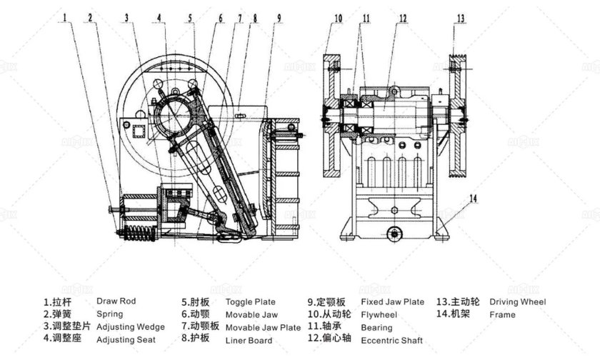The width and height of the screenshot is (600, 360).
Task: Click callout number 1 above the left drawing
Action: coord(65,17)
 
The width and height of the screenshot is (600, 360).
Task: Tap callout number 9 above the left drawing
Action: coord(279,18)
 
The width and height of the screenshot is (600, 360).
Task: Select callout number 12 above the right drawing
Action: coord(403,19)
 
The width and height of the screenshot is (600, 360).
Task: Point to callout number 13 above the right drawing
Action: coord(460,18)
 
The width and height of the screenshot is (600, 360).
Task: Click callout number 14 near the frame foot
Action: coord(474,198)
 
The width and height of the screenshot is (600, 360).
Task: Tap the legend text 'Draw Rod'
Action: coord(116,301)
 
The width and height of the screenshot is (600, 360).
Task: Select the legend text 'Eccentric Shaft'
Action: coord(392,341)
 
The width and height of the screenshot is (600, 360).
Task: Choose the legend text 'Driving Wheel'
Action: coord(518,302)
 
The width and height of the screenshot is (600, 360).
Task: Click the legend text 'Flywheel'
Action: coord(379,315)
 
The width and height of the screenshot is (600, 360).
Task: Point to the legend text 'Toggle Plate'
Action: coord(251,302)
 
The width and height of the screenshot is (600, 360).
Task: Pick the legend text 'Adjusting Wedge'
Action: coord(131,327)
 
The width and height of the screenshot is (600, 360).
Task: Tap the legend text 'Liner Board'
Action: coord(249,341)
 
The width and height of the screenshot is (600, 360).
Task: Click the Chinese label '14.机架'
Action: coord(453,314)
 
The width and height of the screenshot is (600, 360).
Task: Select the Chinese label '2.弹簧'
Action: coord(57,314)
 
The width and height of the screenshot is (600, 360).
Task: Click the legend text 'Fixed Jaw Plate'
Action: coord(393,302)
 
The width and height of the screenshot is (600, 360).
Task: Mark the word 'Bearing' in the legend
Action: coord(376,328)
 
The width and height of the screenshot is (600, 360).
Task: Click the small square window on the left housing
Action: coord(138,132)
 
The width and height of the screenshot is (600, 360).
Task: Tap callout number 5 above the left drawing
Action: coord(190,18)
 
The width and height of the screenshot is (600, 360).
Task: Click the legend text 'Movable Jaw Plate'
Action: coord(264,328)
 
